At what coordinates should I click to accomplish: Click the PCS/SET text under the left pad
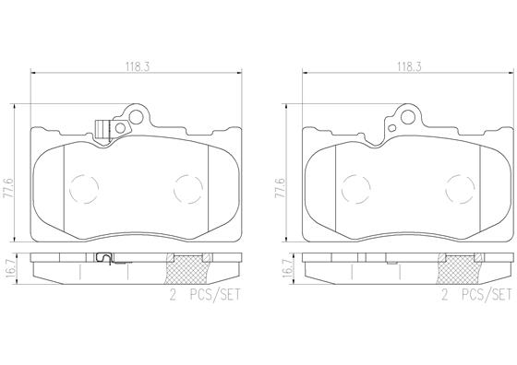click(x=213, y=295)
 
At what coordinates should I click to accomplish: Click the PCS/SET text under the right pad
click(x=486, y=295)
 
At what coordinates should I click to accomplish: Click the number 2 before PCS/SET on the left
click(x=172, y=295)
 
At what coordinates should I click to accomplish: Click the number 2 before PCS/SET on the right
click(x=444, y=295)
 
